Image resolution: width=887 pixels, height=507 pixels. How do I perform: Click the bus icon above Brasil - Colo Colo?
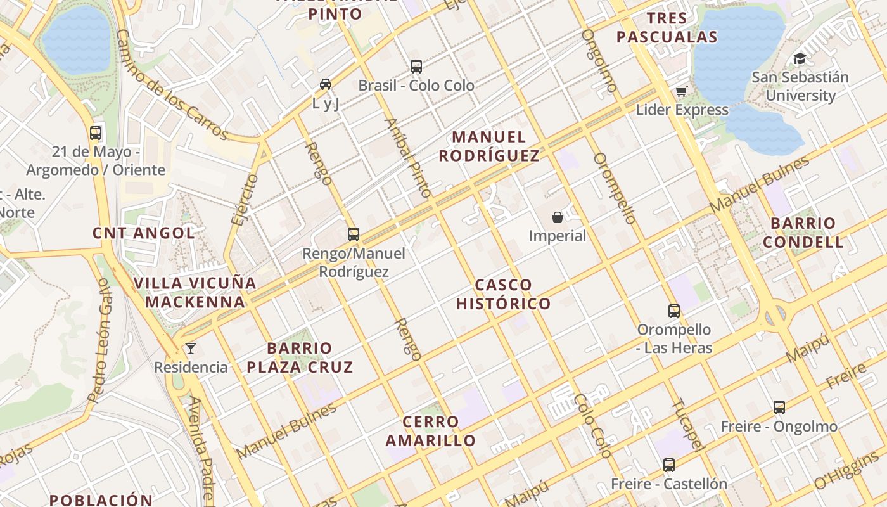(x=416, y=67)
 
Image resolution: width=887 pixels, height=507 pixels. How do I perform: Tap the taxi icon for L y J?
(x=326, y=84)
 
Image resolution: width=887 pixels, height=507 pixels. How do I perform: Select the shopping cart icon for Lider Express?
(x=682, y=92)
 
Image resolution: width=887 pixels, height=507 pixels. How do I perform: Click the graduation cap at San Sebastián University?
(x=800, y=59)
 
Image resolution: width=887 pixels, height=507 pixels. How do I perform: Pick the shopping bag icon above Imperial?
(x=558, y=217)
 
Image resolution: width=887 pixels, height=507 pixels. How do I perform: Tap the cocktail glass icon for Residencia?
(x=190, y=349)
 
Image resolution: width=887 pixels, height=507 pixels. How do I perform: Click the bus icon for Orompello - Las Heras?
(x=674, y=311)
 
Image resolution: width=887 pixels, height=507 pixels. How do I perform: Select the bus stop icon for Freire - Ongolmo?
(x=779, y=408)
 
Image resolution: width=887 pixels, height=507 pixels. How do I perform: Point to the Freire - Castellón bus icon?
(x=669, y=465)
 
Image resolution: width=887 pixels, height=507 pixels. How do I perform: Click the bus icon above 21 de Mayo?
(x=96, y=133)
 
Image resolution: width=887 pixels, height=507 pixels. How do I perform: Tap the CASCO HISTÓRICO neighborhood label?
(x=504, y=294)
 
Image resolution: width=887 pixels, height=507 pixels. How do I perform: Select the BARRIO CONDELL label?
(x=803, y=233)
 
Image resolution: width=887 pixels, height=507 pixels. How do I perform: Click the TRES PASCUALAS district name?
(x=667, y=28)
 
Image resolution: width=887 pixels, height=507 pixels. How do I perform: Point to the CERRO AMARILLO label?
(x=431, y=431)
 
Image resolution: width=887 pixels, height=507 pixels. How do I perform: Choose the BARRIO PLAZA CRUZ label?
(x=300, y=357)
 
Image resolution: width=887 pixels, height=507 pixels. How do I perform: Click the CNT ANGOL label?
(x=144, y=233)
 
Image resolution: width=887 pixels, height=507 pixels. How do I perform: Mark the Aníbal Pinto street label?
(x=409, y=158)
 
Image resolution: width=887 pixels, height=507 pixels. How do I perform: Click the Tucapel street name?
(x=688, y=425)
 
